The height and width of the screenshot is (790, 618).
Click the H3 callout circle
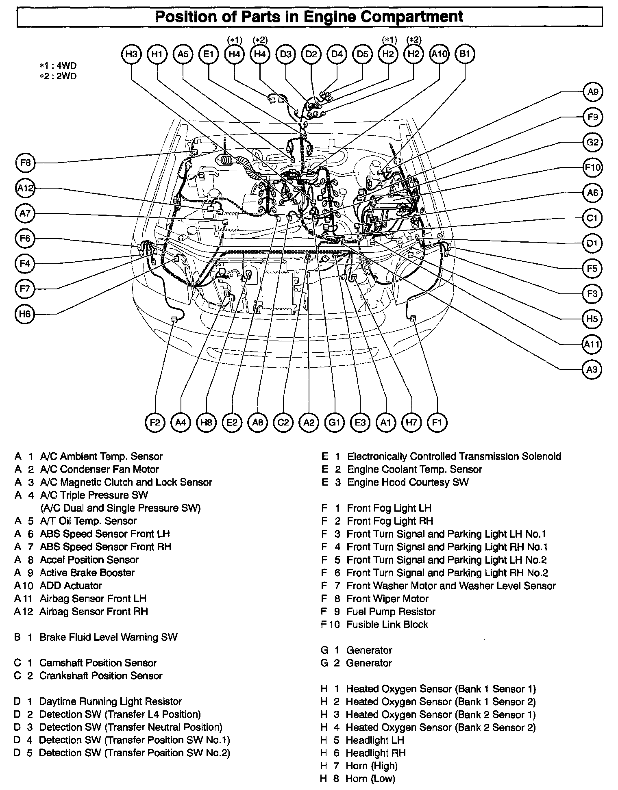(131, 54)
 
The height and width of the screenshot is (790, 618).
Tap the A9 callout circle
(592, 92)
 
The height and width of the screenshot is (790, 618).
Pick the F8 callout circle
(25, 163)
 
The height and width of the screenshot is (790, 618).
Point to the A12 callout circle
(25, 189)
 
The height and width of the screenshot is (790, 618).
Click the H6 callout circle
(25, 314)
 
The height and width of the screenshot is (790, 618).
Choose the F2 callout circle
(155, 423)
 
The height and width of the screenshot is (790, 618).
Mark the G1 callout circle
(334, 423)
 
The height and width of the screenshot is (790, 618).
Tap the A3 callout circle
(592, 369)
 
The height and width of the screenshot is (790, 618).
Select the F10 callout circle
(592, 167)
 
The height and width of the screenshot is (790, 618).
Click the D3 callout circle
(285, 54)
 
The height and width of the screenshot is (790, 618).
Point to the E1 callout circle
(209, 54)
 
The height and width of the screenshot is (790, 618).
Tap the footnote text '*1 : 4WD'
(58, 66)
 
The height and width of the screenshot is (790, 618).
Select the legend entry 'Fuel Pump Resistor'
(390, 612)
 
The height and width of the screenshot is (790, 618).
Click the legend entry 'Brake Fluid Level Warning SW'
(108, 637)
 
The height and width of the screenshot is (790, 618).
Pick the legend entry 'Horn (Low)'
(370, 779)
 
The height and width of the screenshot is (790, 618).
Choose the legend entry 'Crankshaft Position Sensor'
(100, 676)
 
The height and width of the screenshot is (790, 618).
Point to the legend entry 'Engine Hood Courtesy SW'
(407, 482)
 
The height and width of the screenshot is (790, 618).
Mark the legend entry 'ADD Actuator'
(70, 586)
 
